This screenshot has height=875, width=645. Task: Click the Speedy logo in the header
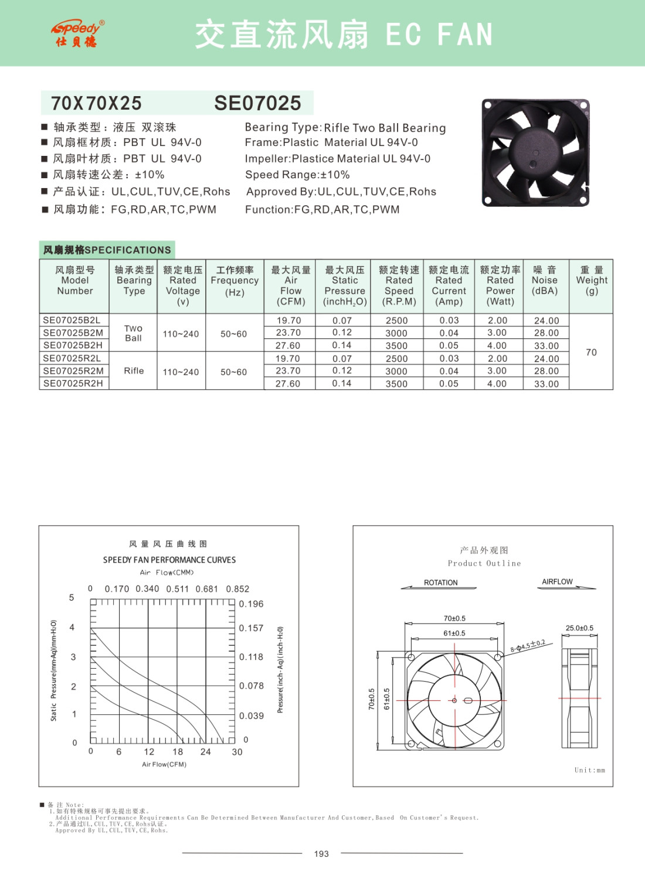click(x=77, y=33)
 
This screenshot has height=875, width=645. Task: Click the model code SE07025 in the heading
click(x=257, y=103)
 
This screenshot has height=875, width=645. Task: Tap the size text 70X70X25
click(x=96, y=103)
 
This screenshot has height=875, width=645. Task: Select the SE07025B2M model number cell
click(x=73, y=333)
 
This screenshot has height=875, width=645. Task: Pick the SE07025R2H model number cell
click(x=73, y=383)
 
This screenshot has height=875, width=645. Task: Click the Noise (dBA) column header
click(x=545, y=280)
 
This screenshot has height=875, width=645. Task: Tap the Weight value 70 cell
click(x=591, y=352)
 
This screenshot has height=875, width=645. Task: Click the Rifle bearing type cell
click(x=134, y=370)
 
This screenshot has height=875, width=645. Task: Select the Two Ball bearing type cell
click(x=133, y=333)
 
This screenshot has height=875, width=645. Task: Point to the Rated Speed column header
click(x=399, y=285)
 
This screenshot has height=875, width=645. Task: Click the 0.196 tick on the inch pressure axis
click(x=251, y=604)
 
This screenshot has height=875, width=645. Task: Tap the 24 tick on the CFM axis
click(x=205, y=751)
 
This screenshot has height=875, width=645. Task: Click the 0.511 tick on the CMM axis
click(x=177, y=589)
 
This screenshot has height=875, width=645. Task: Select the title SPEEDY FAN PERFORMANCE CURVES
click(x=169, y=560)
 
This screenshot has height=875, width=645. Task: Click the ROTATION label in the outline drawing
click(x=440, y=583)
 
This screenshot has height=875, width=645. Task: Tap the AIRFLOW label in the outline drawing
click(x=557, y=581)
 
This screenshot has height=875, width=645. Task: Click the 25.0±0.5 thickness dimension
click(x=579, y=628)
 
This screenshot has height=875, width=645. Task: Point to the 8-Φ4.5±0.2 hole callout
click(x=528, y=645)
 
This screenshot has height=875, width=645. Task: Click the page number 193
click(x=321, y=853)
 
